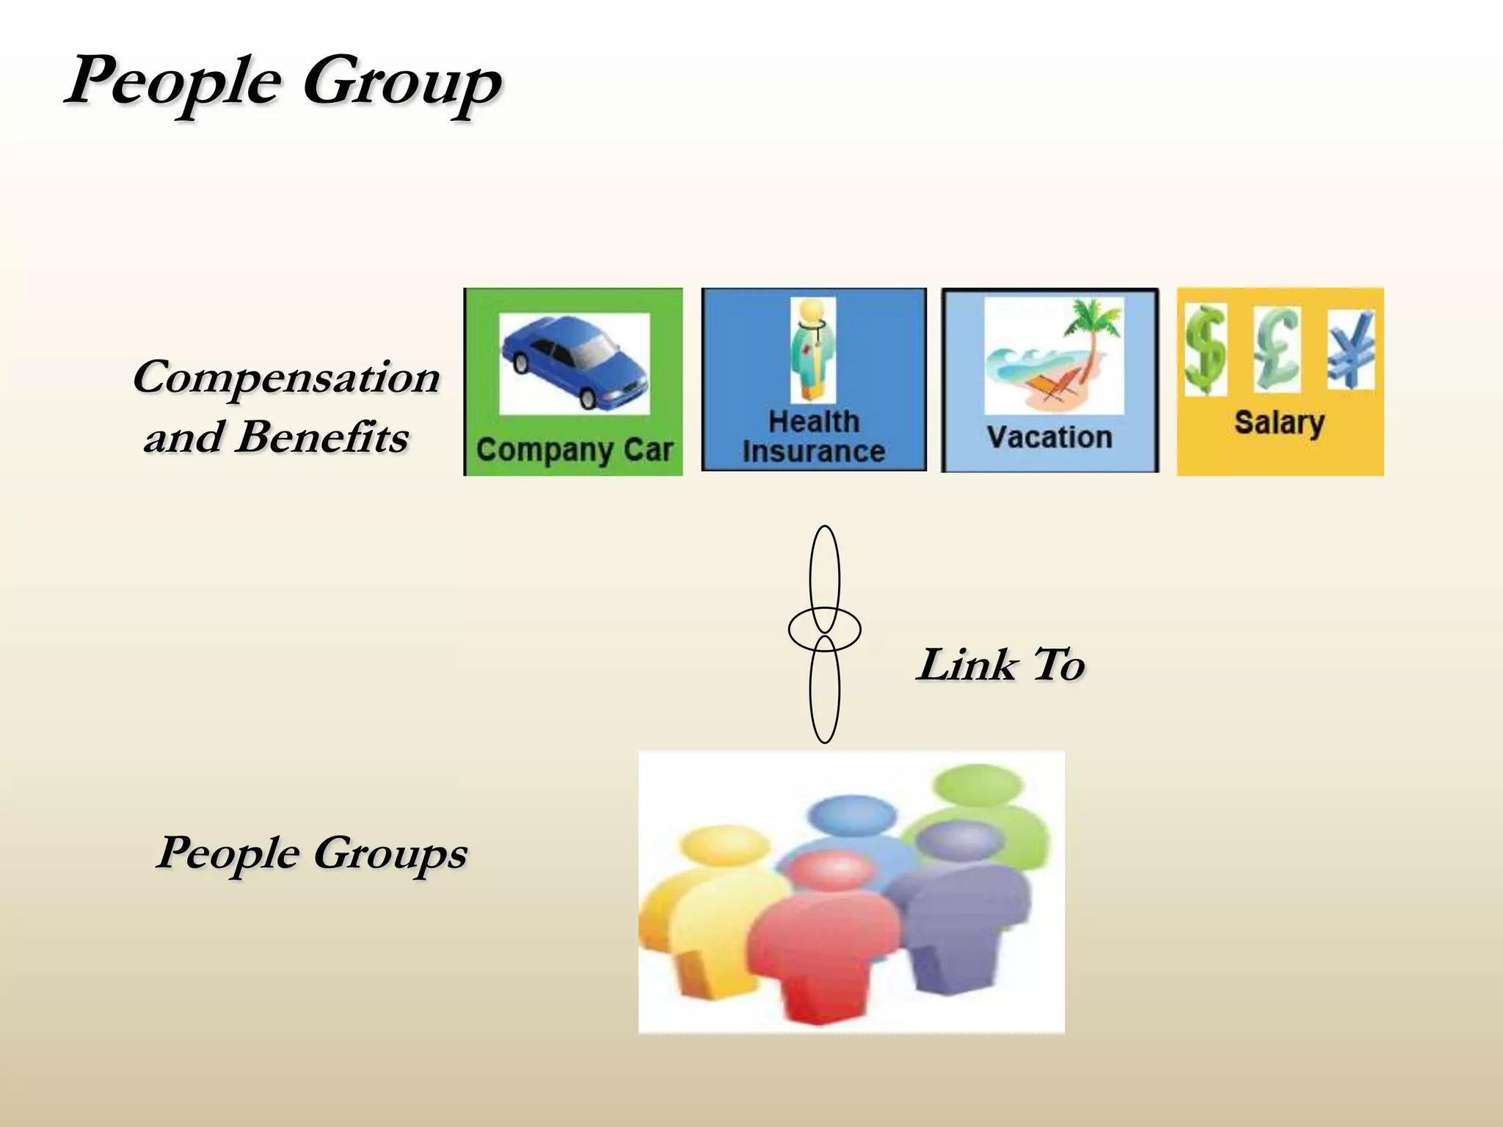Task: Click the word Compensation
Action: (x=286, y=378)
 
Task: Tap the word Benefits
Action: (x=323, y=437)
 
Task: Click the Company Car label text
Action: (x=574, y=450)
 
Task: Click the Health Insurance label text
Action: (x=813, y=437)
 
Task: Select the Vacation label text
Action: (x=1049, y=437)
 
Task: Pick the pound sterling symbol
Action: (x=1277, y=349)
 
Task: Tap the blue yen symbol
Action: (x=1350, y=349)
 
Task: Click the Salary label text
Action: (x=1279, y=423)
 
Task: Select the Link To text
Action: (x=1001, y=665)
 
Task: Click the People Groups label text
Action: (x=312, y=853)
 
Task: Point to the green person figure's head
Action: (x=978, y=785)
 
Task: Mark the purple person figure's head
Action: (x=959, y=842)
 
